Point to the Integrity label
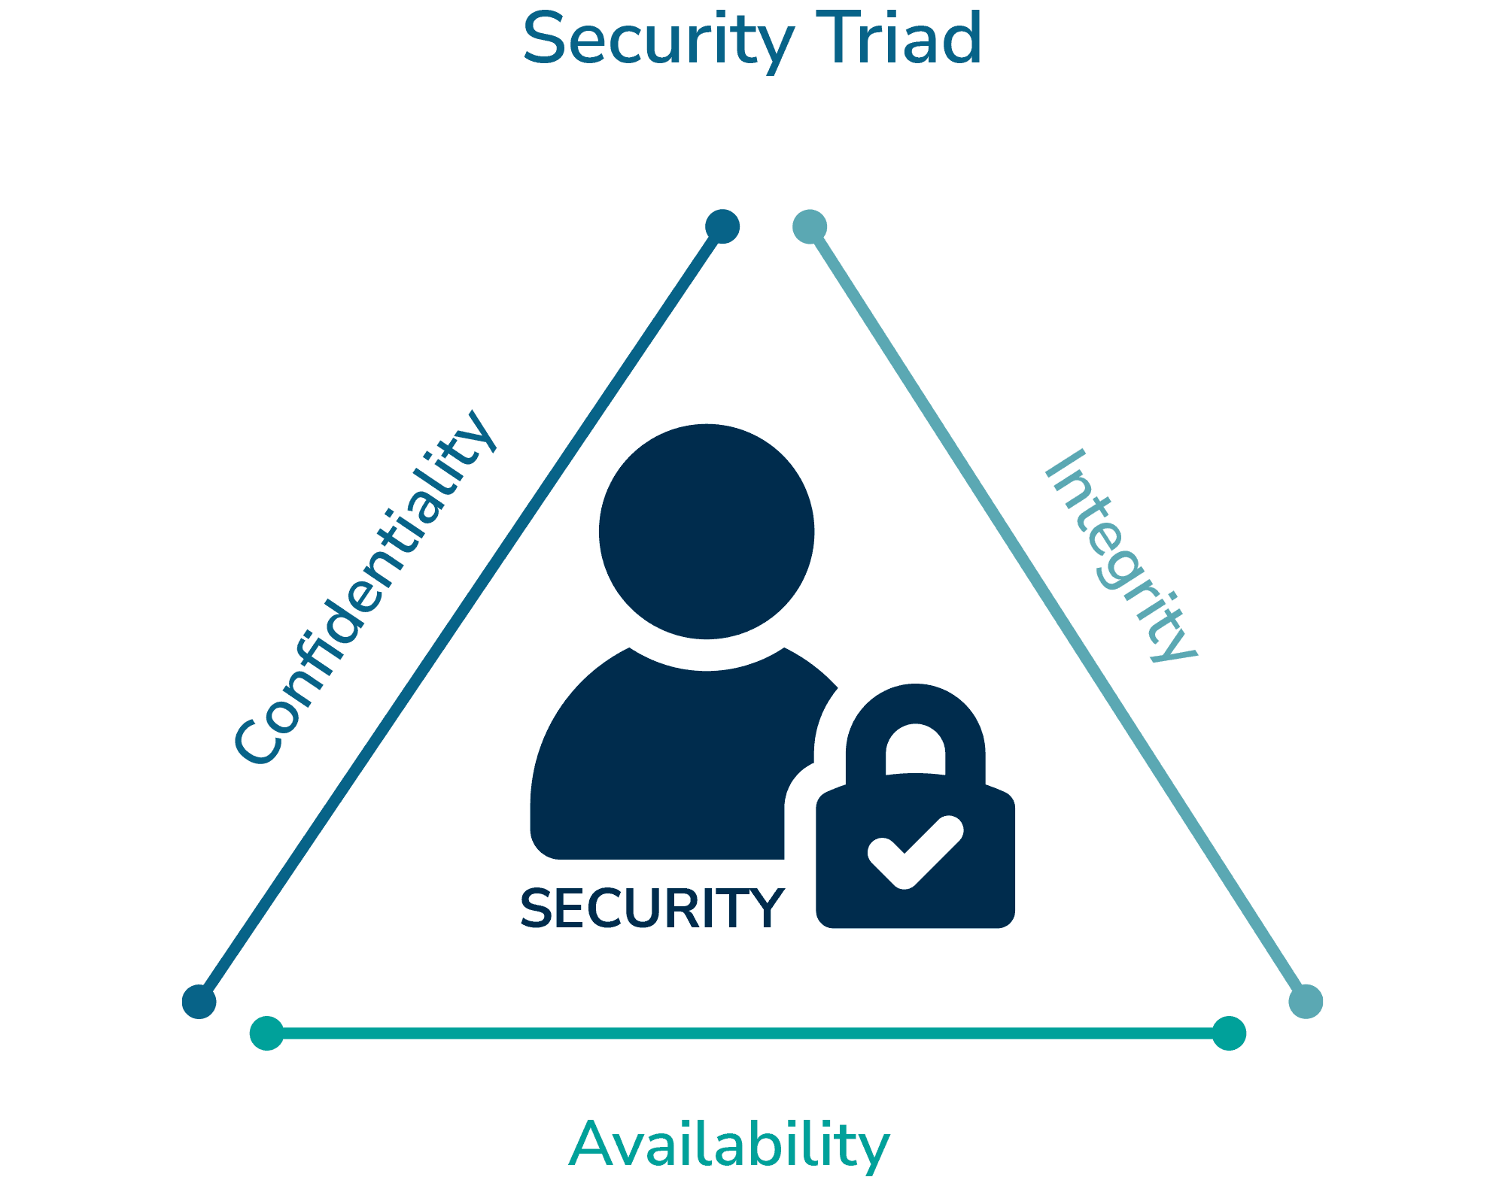[x=1121, y=557]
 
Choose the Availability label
[x=728, y=1144]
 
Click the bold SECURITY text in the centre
[x=652, y=908]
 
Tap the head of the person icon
[x=706, y=531]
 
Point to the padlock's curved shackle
[x=915, y=714]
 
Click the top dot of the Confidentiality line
[x=722, y=226]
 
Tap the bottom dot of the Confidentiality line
[x=199, y=1001]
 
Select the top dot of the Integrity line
[x=810, y=226]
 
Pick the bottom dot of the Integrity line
[x=1306, y=1001]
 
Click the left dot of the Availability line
[x=266, y=1033]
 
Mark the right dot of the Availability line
[x=1229, y=1033]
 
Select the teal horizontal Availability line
[x=745, y=1033]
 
